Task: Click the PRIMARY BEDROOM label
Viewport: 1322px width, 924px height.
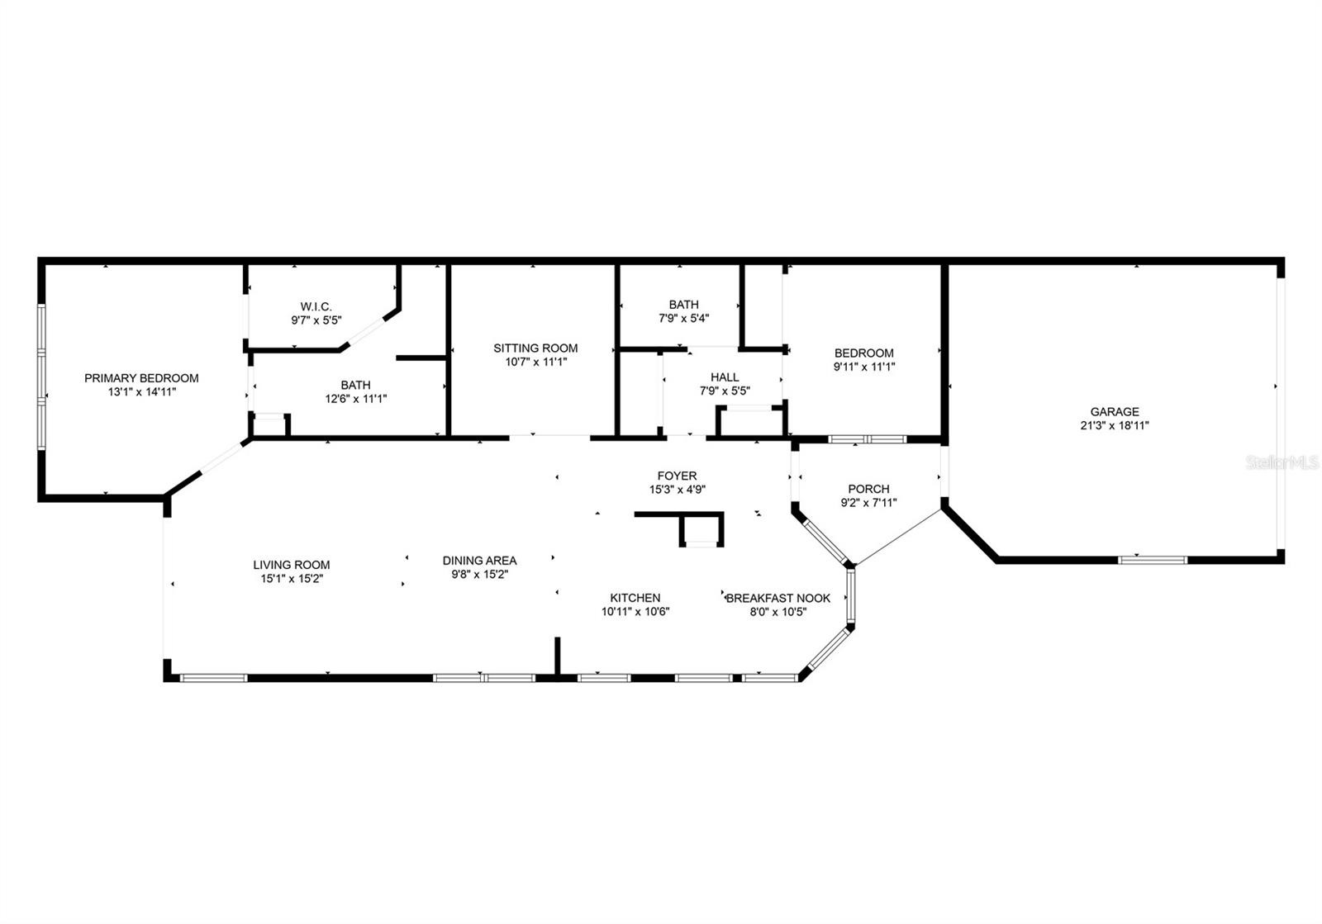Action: click(141, 378)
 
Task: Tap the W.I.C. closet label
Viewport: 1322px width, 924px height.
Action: click(316, 306)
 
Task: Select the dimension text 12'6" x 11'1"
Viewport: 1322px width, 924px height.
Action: click(356, 399)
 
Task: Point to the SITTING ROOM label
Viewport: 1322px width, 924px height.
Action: click(535, 348)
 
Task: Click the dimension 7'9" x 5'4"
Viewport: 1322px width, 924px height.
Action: click(683, 319)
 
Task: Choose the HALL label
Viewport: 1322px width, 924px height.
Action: click(725, 377)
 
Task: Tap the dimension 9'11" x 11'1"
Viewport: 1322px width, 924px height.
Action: click(864, 367)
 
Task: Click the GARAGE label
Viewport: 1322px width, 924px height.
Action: click(1115, 411)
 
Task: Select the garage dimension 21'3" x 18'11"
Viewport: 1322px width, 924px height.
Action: click(1115, 425)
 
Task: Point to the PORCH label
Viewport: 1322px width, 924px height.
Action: click(868, 489)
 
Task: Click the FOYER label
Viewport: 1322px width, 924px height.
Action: click(677, 476)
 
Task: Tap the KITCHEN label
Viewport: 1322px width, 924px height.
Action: click(635, 597)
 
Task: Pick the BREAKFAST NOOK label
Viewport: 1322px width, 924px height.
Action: click(778, 598)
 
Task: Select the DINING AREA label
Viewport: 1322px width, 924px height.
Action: click(480, 560)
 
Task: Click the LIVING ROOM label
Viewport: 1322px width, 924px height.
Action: click(292, 565)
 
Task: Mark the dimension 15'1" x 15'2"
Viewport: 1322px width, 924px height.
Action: click(292, 579)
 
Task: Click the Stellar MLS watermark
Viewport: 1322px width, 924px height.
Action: click(1282, 463)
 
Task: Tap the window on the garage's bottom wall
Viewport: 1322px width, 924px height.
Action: click(1153, 560)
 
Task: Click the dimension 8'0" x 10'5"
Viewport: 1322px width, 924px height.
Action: click(778, 612)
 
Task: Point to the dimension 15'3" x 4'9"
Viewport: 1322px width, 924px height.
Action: click(677, 490)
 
